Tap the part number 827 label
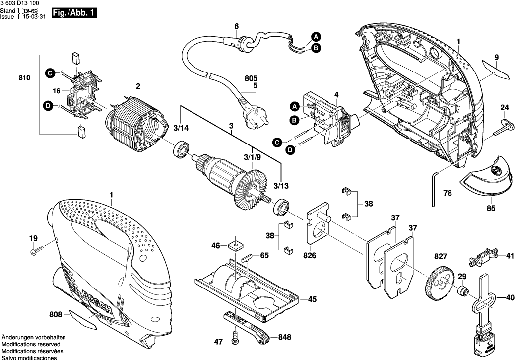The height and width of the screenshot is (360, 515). coord(441,256)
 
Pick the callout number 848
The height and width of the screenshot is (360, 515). coord(284,337)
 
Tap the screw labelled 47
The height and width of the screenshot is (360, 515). coord(235,342)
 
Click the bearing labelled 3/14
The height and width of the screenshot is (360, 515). coord(181,148)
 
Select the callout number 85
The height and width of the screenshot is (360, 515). coord(491,209)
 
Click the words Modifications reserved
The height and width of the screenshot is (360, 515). coord(31,344)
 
